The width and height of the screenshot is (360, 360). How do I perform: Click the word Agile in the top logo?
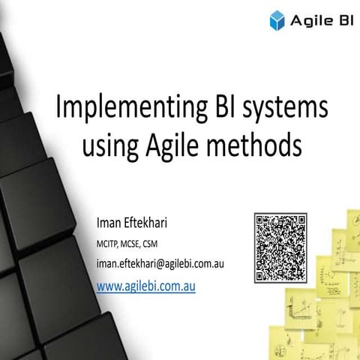(x=309, y=21)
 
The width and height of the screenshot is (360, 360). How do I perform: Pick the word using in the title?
(x=111, y=143)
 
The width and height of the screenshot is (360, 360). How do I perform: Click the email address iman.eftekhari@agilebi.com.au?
(x=161, y=265)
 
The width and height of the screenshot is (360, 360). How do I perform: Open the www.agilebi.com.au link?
(x=146, y=286)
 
